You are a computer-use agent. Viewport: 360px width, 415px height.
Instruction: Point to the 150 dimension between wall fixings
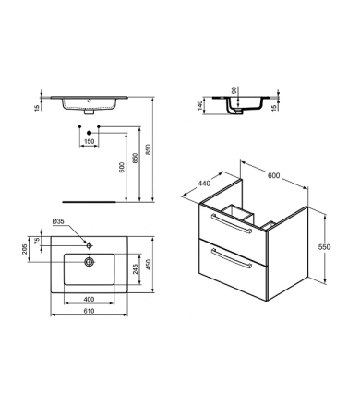(90, 142)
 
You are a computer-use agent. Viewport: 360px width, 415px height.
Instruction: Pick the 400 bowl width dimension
(87, 300)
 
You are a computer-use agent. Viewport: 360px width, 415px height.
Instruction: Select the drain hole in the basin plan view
(89, 262)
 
